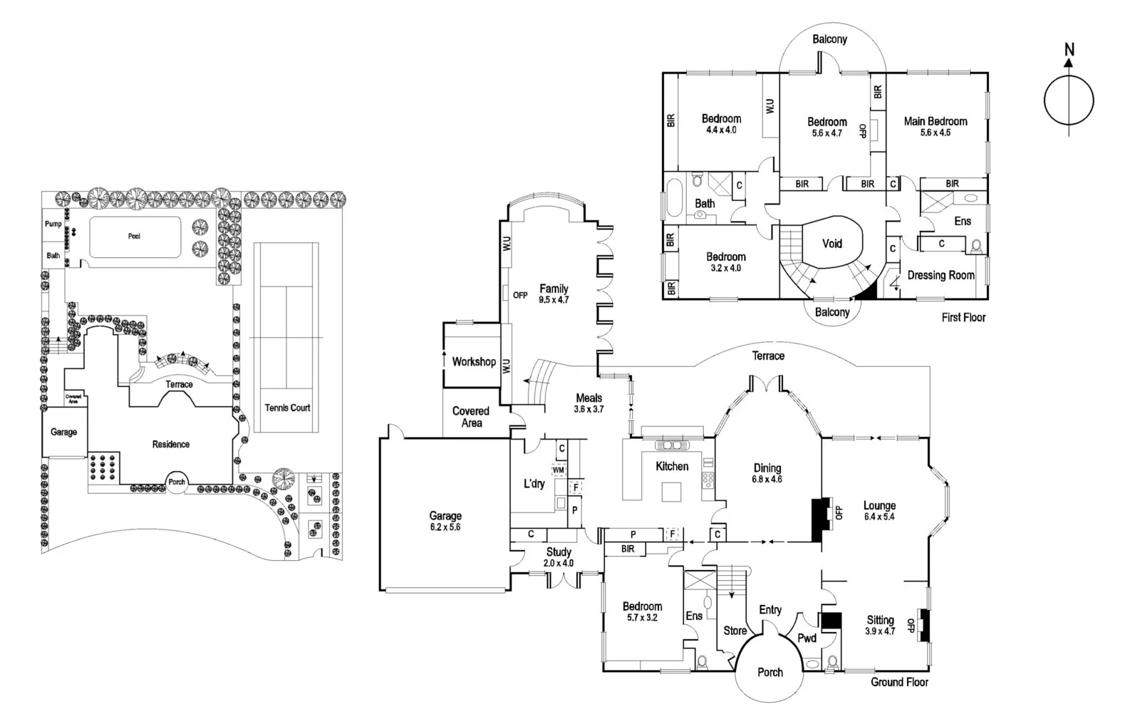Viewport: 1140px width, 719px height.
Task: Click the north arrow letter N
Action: coord(1069,49)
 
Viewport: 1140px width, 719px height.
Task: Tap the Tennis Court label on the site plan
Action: coord(287,408)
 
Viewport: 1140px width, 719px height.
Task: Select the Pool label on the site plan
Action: coord(134,236)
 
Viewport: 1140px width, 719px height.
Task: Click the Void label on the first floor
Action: coord(832,244)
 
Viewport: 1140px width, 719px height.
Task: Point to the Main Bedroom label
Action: coord(936,121)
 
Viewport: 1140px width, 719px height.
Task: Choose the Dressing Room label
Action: coord(940,275)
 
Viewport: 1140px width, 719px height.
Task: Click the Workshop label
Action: coord(474,361)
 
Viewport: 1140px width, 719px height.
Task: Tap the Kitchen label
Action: coord(672,466)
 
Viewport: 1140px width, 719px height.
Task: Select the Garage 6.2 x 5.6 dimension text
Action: coord(445,527)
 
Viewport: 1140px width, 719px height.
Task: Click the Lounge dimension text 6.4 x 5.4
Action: coord(879,517)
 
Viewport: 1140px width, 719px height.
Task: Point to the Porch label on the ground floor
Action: coord(770,672)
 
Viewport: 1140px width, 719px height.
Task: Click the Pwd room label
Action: coord(807,638)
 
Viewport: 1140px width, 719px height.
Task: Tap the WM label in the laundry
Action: coord(558,470)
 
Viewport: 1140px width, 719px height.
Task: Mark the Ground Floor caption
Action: coord(899,682)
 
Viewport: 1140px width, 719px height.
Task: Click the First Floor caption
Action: coord(963,317)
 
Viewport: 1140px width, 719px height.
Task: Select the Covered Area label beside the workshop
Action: coord(471,417)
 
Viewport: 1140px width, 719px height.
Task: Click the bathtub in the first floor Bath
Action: coord(674,200)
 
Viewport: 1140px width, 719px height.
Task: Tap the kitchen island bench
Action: coord(671,492)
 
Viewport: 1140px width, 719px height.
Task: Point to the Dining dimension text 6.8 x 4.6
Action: coord(767,480)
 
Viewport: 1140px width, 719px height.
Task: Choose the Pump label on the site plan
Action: coord(53,224)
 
